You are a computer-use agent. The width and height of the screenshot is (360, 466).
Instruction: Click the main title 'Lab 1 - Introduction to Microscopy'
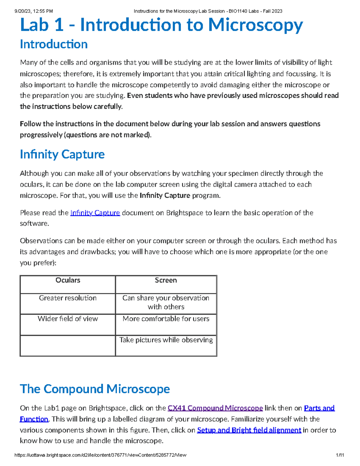(161, 25)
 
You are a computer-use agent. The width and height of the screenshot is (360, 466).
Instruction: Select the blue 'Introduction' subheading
(54, 44)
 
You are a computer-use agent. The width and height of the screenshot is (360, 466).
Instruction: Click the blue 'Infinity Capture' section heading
(62, 154)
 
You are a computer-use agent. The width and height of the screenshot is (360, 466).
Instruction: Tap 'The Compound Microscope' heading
(95, 389)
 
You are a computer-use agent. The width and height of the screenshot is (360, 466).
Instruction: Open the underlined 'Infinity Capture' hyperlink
(95, 213)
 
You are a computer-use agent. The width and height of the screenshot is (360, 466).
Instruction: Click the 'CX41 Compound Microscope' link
(215, 408)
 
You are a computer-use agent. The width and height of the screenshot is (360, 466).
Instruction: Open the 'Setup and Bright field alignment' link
(249, 430)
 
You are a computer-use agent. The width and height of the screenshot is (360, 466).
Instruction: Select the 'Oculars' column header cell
(68, 284)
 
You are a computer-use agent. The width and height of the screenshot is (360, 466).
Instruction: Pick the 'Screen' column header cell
(166, 284)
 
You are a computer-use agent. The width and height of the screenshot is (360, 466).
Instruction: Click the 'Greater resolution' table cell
(68, 303)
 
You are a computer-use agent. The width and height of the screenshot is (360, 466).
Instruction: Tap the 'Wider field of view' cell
(68, 324)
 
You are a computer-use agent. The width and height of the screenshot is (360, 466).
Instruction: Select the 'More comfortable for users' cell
(166, 324)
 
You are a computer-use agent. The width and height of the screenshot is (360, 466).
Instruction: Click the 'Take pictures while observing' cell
(166, 345)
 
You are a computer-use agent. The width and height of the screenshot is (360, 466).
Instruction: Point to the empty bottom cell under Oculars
(68, 345)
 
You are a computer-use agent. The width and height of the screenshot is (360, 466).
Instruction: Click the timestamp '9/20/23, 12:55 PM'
(34, 11)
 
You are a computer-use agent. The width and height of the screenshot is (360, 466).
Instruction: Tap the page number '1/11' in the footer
(340, 455)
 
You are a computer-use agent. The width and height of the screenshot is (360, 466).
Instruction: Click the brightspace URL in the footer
(100, 455)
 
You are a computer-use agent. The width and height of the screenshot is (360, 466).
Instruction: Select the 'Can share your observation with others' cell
(166, 302)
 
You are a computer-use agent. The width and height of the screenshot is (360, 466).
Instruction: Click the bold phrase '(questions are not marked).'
(108, 135)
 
